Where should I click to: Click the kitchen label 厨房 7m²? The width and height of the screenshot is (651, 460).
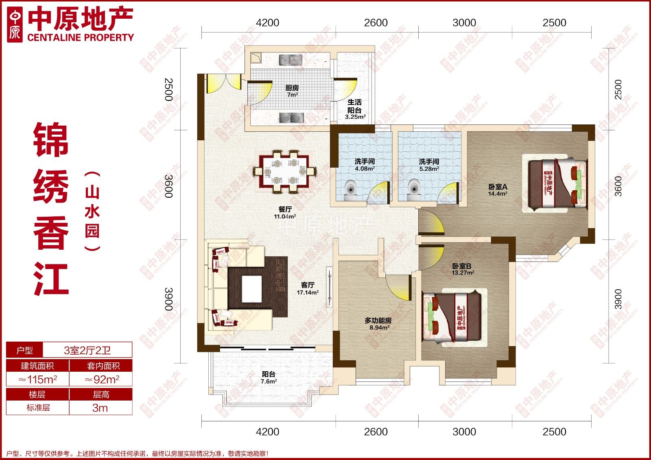[292, 91]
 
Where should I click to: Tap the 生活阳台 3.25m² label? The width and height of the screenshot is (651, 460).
[355, 109]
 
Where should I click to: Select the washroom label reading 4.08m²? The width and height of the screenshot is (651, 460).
[365, 165]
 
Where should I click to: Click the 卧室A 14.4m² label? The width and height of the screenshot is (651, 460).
[498, 190]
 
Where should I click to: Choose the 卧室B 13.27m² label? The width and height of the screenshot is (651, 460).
[463, 269]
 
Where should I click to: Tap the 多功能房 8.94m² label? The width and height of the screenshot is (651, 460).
[378, 324]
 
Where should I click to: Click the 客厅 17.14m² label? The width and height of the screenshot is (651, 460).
[308, 288]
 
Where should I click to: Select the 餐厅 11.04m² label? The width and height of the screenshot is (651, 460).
[285, 212]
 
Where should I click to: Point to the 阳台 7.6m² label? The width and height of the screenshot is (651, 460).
[269, 377]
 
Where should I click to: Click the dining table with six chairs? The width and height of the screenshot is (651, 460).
[284, 172]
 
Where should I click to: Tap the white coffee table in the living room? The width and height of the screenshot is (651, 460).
[252, 289]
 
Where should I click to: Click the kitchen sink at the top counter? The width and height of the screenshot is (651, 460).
[291, 60]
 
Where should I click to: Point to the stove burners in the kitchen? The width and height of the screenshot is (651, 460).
[291, 118]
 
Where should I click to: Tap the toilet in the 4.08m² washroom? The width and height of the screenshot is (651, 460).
[351, 190]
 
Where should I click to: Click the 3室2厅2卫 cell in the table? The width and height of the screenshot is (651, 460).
[87, 350]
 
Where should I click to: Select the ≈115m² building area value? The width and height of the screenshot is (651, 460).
[38, 379]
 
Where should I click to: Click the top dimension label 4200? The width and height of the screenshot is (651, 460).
[267, 23]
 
